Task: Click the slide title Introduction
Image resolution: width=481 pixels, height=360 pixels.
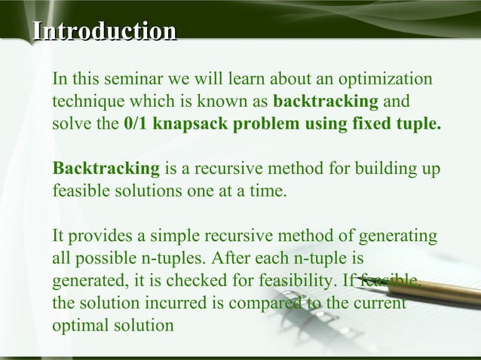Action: pyautogui.click(x=103, y=32)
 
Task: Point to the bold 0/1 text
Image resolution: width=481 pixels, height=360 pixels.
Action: pyautogui.click(x=136, y=124)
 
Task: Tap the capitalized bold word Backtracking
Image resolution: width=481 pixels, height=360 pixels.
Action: pyautogui.click(x=106, y=167)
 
